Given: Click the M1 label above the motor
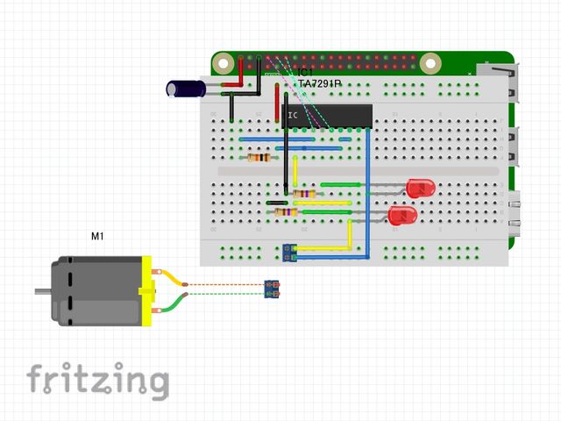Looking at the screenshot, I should click(97, 236).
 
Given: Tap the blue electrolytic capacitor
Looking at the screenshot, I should click(186, 88).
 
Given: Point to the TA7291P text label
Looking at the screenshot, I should click(319, 84).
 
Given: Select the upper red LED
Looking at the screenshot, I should click(420, 187).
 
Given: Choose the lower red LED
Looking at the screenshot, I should click(402, 215).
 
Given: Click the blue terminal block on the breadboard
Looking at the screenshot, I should click(288, 253).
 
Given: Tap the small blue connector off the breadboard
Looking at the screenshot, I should click(273, 288).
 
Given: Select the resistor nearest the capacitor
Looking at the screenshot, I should click(259, 158).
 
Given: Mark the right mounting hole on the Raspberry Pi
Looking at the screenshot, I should click(430, 63).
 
